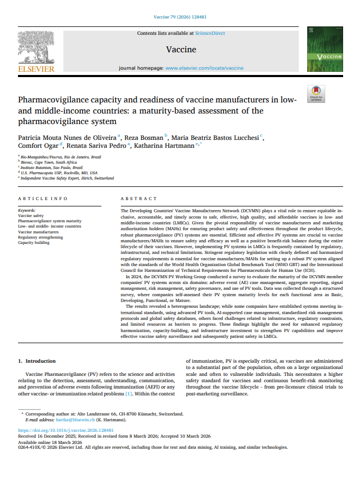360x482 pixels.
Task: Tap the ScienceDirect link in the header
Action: tap(210, 33)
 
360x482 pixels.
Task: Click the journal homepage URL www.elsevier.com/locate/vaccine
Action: tap(204, 68)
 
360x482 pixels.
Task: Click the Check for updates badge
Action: tap(316, 93)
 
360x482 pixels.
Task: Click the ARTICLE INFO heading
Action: tap(43, 199)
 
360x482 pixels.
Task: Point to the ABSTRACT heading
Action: tap(138, 199)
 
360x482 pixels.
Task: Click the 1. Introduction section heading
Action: tap(37, 361)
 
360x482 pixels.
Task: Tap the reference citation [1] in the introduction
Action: tap(128, 393)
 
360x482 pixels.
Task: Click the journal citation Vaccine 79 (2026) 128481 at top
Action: tap(179, 17)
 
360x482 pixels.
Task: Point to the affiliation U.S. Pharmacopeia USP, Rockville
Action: tap(59, 173)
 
